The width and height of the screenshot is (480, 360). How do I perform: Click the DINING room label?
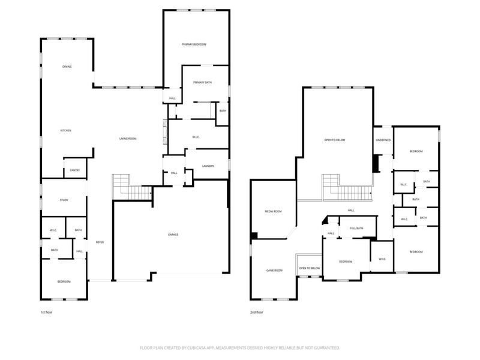67,67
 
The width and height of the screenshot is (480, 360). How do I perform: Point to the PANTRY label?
75,170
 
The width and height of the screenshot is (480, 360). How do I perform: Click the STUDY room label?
64,200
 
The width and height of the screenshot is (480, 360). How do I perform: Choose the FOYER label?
100,242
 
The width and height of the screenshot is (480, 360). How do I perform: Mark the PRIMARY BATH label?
202,82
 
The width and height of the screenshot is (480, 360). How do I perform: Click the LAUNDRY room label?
208,166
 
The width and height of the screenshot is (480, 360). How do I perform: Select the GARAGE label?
172,234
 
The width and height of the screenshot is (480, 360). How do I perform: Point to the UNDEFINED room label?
383,140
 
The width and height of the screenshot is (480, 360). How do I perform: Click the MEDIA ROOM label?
274,211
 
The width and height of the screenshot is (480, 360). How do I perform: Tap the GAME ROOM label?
274,271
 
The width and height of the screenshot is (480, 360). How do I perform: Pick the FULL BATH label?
356,228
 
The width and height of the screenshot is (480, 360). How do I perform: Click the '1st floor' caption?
47,312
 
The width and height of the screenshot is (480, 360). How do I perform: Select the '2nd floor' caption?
257,312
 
